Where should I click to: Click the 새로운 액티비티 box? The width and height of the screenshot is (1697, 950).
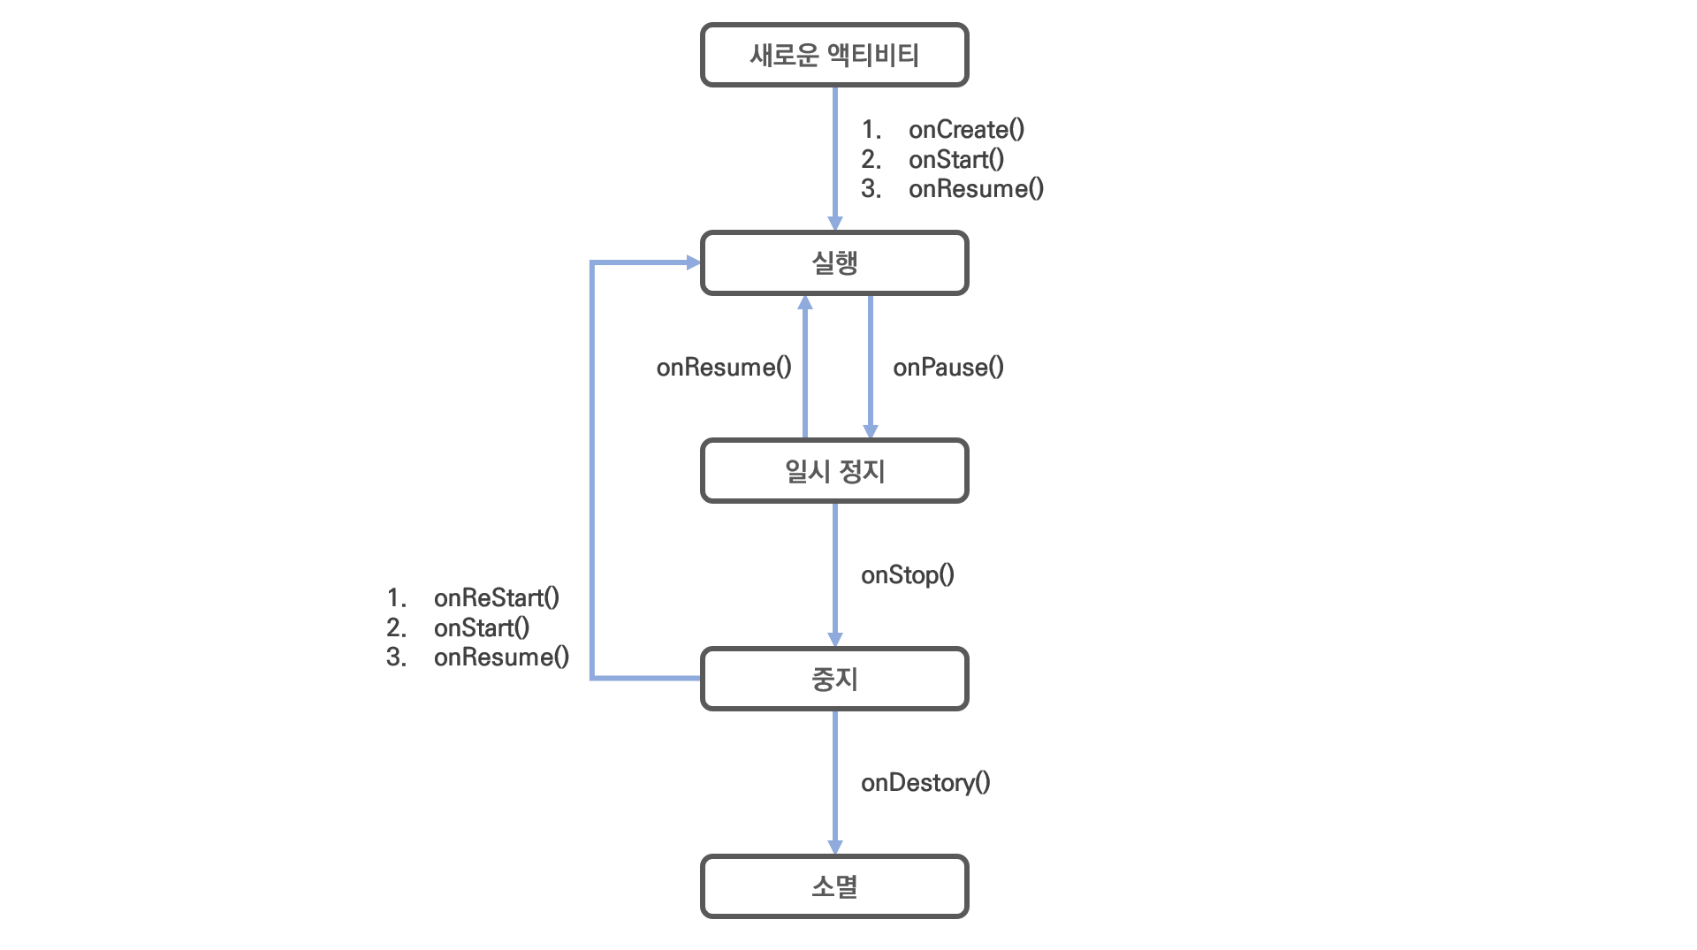(834, 55)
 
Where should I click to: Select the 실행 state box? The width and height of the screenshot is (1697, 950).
(834, 262)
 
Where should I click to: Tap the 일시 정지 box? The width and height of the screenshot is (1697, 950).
(834, 471)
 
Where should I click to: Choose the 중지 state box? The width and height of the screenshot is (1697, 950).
(834, 679)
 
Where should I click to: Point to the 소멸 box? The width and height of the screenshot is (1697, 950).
(834, 886)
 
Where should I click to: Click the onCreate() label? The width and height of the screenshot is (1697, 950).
(966, 130)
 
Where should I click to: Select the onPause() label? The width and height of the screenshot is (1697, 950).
(947, 368)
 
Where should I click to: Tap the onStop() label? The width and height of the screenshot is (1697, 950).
(907, 575)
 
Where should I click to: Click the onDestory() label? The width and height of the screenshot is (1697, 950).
(925, 783)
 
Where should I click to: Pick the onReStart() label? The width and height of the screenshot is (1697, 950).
(496, 598)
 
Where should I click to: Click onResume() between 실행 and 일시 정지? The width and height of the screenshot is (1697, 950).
(723, 368)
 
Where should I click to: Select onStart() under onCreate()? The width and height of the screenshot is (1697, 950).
(955, 160)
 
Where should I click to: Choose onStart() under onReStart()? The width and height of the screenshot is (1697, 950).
(481, 628)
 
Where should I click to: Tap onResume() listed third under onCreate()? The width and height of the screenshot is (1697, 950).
(976, 189)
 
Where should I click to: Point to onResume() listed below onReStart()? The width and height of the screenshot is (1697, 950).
(501, 657)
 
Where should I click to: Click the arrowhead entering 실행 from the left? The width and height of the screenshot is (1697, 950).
(693, 262)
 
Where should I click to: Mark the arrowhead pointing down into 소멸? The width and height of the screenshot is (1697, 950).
(834, 847)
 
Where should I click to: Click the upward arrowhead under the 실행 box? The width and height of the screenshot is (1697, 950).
(804, 303)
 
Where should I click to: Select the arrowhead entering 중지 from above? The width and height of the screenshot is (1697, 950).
(834, 639)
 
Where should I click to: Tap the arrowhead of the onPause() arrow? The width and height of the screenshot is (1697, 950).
(870, 431)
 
